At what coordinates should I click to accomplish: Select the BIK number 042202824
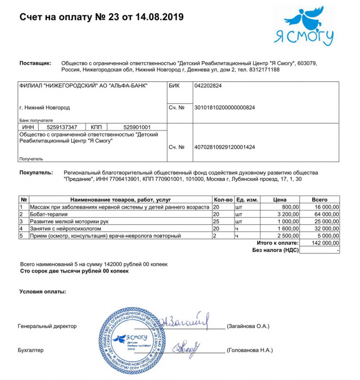tap(208, 86)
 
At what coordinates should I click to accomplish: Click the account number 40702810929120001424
tap(225, 147)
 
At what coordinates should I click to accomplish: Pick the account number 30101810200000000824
tap(225, 108)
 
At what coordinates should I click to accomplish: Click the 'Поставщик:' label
tap(35, 63)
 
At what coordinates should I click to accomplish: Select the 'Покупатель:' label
tap(36, 173)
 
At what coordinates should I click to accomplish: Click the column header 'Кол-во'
tap(223, 200)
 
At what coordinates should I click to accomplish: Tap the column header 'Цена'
tap(279, 200)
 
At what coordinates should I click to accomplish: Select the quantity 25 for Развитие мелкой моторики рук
tap(217, 222)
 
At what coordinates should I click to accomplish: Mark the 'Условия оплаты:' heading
tap(43, 292)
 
